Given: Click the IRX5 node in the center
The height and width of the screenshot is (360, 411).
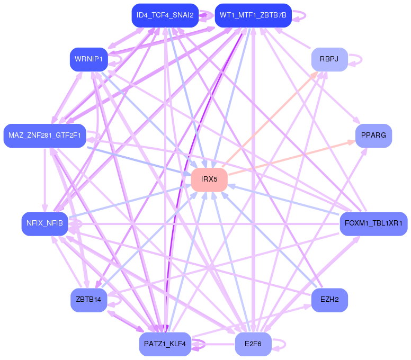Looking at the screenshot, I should tap(209, 179).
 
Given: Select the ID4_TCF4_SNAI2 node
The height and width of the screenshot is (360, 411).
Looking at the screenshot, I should tap(165, 15).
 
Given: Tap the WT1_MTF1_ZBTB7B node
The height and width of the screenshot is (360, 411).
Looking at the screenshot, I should tap(253, 15).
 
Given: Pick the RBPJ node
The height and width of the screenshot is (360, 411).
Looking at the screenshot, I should tap(329, 59).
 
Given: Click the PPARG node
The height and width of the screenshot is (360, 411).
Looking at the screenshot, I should tap(373, 136).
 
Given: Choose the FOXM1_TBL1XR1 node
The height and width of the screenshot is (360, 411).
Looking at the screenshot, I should tap(373, 223).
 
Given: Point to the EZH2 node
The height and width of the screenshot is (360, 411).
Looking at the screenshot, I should tap(329, 300).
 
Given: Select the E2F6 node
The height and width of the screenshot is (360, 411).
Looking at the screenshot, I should tap(253, 344).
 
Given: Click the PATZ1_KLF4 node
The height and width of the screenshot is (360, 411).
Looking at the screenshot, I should tap(165, 344).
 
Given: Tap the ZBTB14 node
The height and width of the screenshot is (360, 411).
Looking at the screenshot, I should tap(89, 300).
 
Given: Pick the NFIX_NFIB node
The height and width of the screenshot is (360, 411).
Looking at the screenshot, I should tap(44, 223).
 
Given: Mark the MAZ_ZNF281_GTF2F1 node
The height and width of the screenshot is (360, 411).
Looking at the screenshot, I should tap(44, 136).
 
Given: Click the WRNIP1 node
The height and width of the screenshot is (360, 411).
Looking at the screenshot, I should tap(89, 59).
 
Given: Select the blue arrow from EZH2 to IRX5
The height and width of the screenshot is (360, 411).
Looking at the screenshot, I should tap(270, 240).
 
